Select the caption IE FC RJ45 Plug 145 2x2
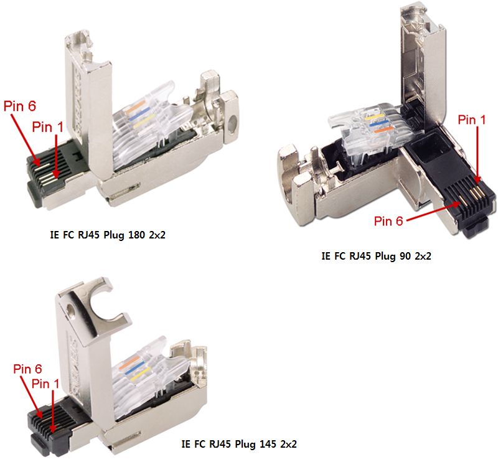click(239, 445)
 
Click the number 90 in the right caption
click(402, 256)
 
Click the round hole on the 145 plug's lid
click(73, 309)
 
